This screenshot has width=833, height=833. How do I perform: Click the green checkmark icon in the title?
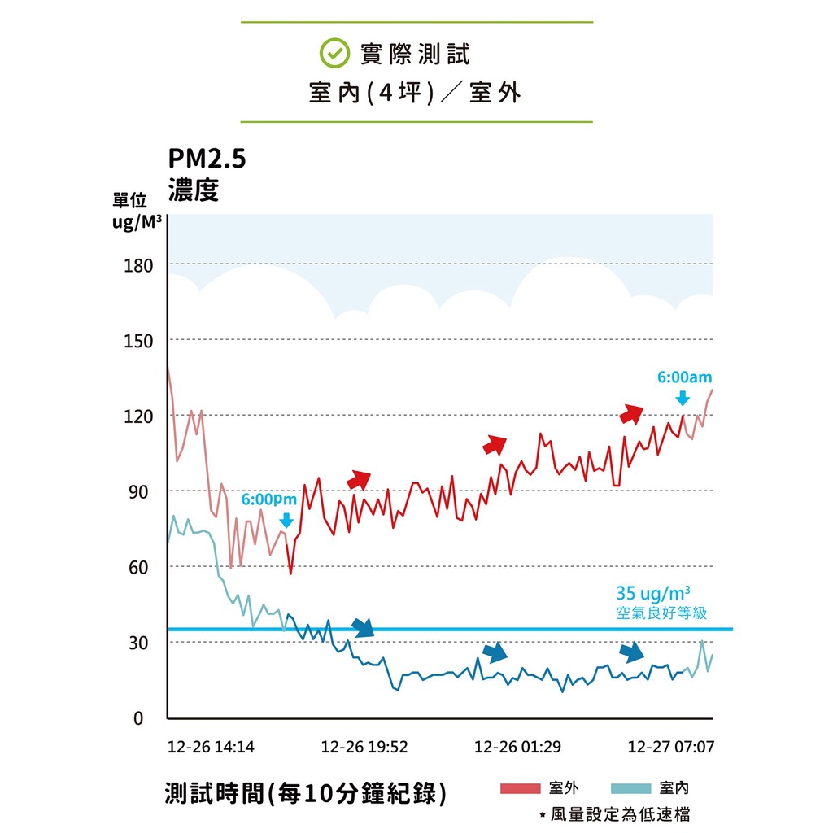(x=332, y=54)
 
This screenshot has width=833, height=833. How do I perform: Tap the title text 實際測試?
(x=415, y=54)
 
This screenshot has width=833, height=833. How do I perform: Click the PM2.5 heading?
(x=207, y=159)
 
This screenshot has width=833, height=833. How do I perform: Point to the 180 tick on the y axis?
(x=138, y=265)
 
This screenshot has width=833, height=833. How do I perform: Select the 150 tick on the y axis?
(x=138, y=341)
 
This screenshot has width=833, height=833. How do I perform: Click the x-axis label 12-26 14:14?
(x=211, y=747)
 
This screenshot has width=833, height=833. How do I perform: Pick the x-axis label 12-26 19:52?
(x=364, y=747)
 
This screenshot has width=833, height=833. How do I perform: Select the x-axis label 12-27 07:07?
(x=671, y=747)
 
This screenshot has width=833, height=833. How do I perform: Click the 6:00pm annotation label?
(x=269, y=499)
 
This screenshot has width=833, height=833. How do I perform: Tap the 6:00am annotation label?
(x=684, y=377)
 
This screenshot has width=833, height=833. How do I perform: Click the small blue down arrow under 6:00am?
(x=683, y=397)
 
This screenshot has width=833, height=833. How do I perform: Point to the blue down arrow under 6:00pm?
(x=286, y=519)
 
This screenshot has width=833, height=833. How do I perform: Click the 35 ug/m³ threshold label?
(x=658, y=593)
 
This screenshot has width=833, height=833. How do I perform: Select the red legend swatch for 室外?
(x=520, y=787)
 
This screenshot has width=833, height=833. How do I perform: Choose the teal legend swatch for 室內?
(x=630, y=787)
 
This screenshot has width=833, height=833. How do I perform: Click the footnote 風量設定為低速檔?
(x=621, y=813)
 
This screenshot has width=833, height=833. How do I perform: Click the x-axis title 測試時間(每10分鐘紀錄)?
(x=305, y=792)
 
